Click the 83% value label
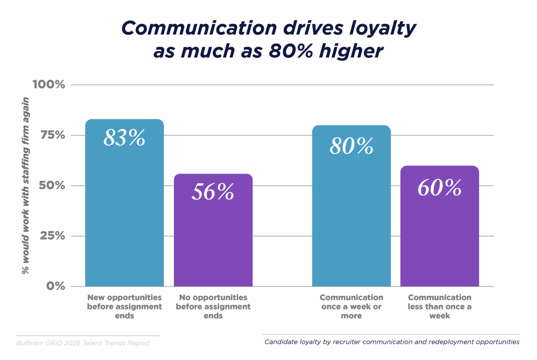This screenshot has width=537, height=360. click(x=124, y=138)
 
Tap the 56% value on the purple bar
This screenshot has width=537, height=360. click(x=213, y=192)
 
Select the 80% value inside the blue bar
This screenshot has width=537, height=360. click(x=351, y=146)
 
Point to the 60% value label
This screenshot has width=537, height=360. click(x=440, y=187)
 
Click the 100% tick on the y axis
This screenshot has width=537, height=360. click(x=49, y=85)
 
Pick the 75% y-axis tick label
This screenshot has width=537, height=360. click(x=53, y=135)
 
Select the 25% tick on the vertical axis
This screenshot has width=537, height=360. click(x=53, y=236)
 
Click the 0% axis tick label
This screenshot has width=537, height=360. click(x=56, y=286)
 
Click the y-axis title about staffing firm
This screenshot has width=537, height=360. click(x=25, y=186)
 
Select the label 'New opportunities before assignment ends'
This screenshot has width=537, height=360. click(x=125, y=307)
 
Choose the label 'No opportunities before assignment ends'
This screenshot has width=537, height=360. click(x=213, y=307)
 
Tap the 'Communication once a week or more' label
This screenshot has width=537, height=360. click(x=351, y=307)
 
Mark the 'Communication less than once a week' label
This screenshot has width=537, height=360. click(x=440, y=307)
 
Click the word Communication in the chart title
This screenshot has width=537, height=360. click(x=199, y=28)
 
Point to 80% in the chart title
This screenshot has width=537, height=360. click(x=291, y=51)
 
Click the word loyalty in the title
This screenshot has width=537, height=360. click(x=382, y=28)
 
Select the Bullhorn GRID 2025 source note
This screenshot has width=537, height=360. click(x=83, y=343)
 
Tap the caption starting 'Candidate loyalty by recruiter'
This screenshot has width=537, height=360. click(x=392, y=342)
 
